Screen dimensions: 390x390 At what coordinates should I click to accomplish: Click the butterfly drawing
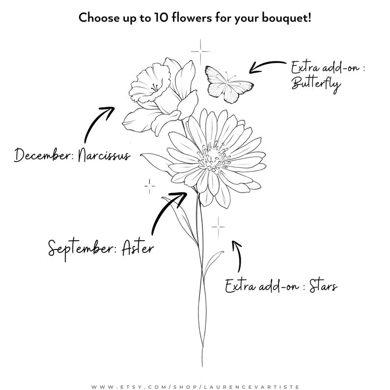tap(228, 84)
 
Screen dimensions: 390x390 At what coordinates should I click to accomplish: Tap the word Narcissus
tap(104, 155)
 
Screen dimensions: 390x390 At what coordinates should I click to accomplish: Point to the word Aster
tap(138, 247)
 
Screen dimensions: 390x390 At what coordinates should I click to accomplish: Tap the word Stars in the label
tap(323, 286)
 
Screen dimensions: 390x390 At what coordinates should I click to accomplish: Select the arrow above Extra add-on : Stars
tap(238, 256)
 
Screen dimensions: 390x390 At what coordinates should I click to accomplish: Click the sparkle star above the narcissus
tap(200, 52)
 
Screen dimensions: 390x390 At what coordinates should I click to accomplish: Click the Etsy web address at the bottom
tap(195, 387)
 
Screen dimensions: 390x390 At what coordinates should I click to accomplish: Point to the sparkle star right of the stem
tap(218, 227)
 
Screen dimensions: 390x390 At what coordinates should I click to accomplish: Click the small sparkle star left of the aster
tap(149, 186)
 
